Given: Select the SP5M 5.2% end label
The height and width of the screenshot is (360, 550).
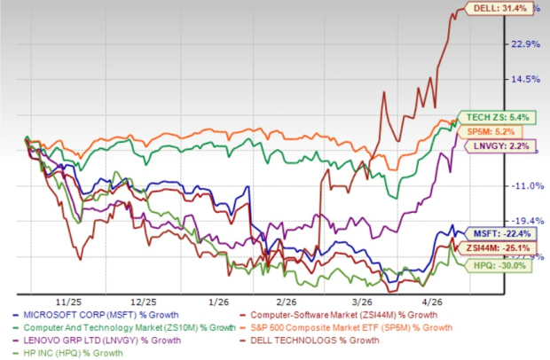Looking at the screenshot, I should click(487, 132).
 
